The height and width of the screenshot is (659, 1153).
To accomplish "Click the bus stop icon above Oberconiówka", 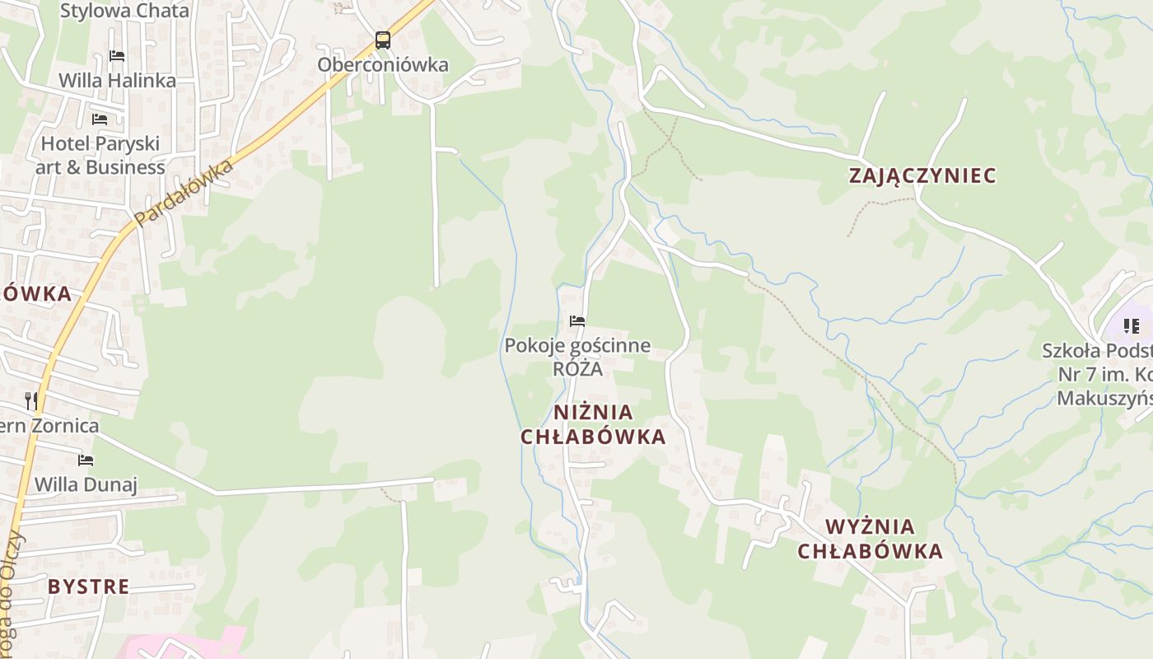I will (x=383, y=40).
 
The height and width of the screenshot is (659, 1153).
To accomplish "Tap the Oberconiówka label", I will (x=383, y=64).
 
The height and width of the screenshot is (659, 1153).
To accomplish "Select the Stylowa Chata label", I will (x=124, y=11).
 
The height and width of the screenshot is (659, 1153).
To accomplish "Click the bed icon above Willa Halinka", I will (x=117, y=56).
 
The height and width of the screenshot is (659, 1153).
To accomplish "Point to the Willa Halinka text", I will (x=117, y=80).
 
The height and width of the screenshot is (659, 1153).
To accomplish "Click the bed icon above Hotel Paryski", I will (x=100, y=119).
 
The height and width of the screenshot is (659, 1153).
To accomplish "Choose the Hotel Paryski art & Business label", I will (x=100, y=155).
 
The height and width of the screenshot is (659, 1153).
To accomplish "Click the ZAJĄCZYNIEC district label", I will (x=922, y=175).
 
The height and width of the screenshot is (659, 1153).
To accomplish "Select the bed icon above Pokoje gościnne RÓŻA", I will (x=577, y=321).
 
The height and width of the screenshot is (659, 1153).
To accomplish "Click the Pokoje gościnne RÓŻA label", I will (x=577, y=357).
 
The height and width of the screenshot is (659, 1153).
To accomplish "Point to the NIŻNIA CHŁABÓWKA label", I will (x=592, y=424).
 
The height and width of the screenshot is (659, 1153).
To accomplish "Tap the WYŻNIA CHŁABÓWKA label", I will (x=870, y=539).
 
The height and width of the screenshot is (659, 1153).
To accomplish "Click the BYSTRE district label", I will (x=88, y=587).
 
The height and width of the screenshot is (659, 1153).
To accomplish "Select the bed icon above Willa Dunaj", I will (x=86, y=460).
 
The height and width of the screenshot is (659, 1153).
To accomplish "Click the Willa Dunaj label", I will (x=86, y=484).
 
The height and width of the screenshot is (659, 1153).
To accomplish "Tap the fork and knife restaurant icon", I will (x=31, y=401).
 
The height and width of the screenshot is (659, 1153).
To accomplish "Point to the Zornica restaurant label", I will (x=49, y=426).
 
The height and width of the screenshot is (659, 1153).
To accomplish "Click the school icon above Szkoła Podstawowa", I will (x=1132, y=326).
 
